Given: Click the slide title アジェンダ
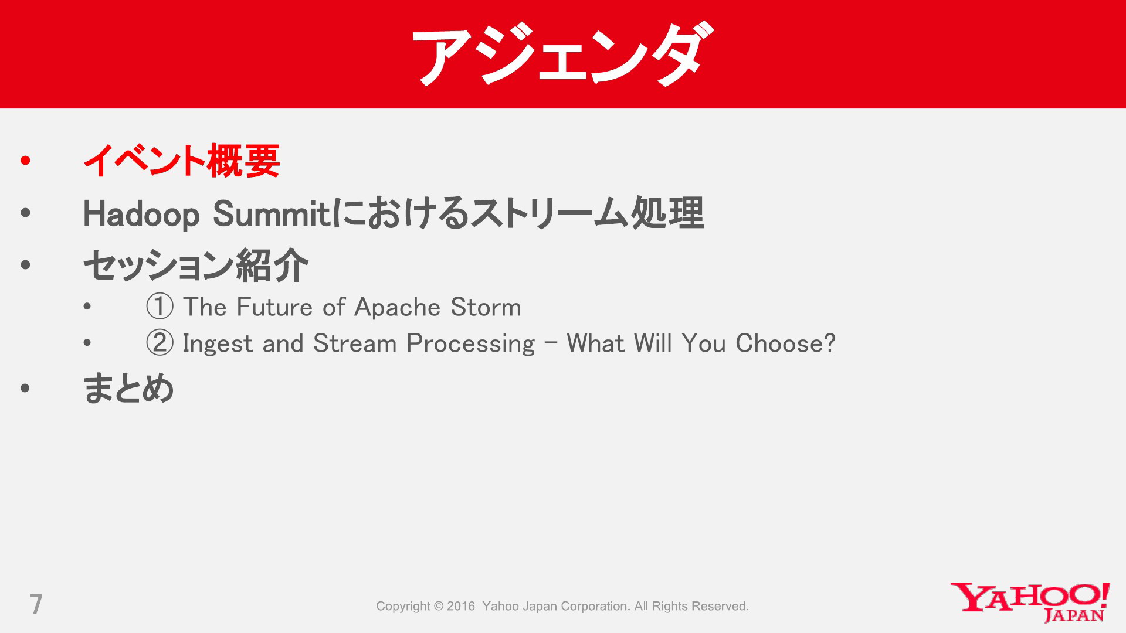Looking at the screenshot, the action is tap(563, 55).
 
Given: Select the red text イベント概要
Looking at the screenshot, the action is tap(182, 161).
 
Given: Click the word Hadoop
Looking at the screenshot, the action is tap(141, 214).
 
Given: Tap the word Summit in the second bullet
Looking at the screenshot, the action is tap(272, 213).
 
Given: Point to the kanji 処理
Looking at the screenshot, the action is tap(667, 213).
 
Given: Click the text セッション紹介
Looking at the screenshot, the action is tap(196, 265).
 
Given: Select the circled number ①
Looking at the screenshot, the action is tap(160, 307).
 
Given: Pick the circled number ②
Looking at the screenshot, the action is tap(160, 343).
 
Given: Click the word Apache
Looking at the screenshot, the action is tap(397, 307).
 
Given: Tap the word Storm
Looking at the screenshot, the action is tap(486, 307).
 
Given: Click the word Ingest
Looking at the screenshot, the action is tap(218, 344).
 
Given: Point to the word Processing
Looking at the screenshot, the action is tap(470, 344).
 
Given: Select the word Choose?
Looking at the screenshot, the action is tap(785, 343).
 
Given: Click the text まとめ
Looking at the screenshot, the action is tap(128, 388).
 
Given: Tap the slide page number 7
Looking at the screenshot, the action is tap(36, 604).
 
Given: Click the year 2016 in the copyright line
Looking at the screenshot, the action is tap(461, 606).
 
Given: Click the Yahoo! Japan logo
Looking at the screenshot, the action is tap(1030, 602).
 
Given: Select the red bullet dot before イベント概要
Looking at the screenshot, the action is tap(25, 161).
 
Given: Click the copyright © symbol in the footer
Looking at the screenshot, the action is tap(439, 606).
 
